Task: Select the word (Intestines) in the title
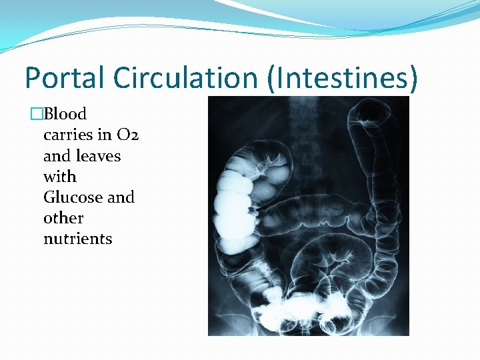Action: pos(342,78)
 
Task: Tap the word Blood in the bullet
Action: pos(65,114)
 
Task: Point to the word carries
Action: pos(68,135)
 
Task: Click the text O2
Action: pos(127,135)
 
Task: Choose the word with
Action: pos(60,177)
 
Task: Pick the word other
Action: pos(63,218)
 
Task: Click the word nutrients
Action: pos(77,239)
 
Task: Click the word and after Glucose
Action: pos(121,197)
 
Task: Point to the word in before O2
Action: pos(103,135)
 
